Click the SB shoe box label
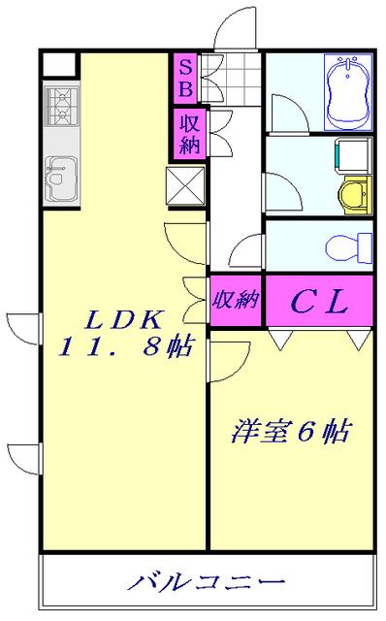[185, 78]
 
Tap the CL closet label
[319, 301]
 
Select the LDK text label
[123, 318]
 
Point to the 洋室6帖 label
[290, 430]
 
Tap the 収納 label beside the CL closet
[236, 299]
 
